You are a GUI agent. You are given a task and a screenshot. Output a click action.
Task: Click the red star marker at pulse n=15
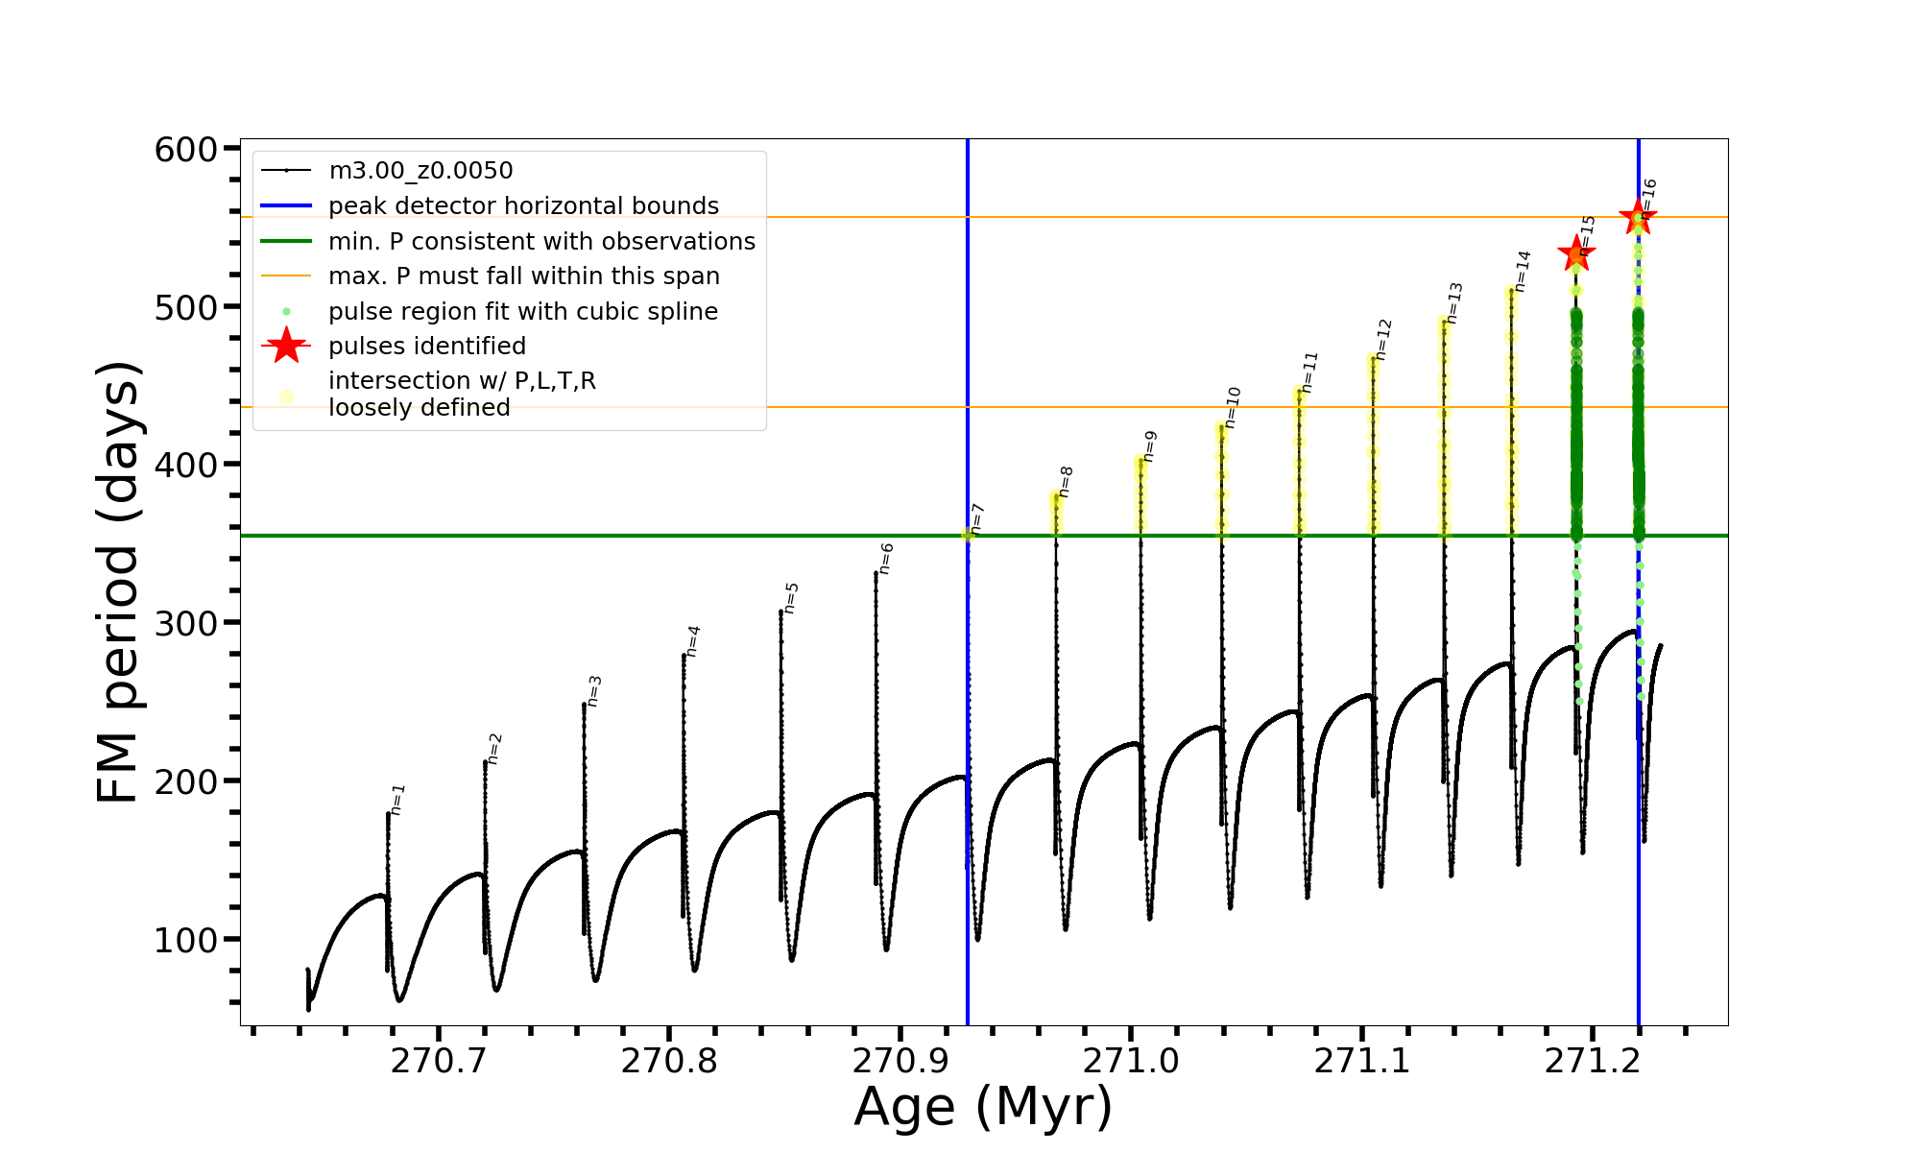[x=1576, y=254]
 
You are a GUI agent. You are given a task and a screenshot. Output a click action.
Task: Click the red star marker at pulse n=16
[x=1638, y=217]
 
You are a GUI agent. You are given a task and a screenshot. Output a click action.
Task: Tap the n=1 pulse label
[x=398, y=800]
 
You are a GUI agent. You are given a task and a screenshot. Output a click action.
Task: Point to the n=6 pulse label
[x=887, y=559]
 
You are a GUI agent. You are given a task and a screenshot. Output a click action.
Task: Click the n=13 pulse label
[x=1455, y=302]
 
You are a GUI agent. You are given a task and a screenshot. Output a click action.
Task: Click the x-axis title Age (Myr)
[x=983, y=1107]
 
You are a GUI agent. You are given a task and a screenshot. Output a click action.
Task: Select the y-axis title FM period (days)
[x=119, y=582]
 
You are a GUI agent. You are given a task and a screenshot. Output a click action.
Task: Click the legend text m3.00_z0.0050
[x=420, y=171]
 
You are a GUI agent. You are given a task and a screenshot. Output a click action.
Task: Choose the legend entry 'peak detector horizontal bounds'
[x=523, y=206]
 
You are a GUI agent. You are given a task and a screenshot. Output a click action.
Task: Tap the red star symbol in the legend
[x=286, y=347]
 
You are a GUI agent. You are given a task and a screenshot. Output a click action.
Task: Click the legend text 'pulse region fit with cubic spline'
[x=523, y=312]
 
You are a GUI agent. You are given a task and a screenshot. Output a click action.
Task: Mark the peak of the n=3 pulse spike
[x=584, y=705]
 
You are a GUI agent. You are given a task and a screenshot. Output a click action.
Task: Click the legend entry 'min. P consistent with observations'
[x=541, y=242]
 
